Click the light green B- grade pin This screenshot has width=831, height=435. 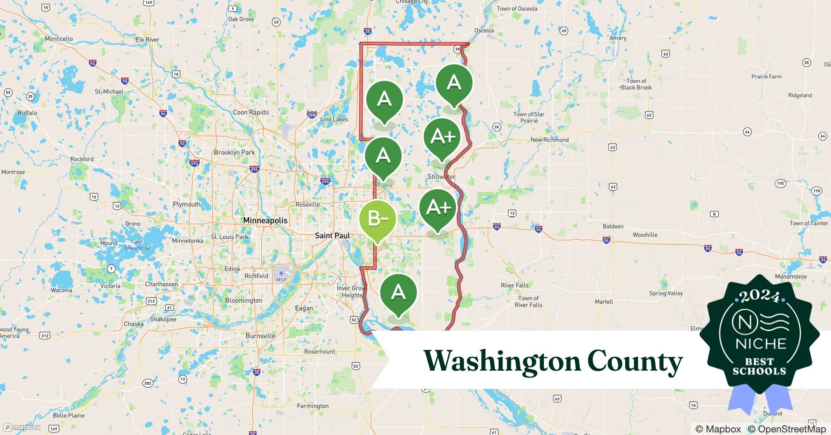(378, 219)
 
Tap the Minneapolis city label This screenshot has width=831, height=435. (265, 221)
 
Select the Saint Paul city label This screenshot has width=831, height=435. (332, 236)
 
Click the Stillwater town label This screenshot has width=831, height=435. (441, 177)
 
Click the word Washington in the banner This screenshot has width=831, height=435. (502, 361)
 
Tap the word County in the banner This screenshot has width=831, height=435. (635, 361)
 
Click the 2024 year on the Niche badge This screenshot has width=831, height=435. (760, 297)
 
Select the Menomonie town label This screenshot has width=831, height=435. (791, 277)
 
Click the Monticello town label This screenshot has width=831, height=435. (59, 39)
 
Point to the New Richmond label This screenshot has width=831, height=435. (550, 140)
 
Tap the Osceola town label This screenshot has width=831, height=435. (484, 30)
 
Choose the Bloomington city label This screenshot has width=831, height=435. (244, 301)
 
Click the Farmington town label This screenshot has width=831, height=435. (312, 406)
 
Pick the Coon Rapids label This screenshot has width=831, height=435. (251, 112)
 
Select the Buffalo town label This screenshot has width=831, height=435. (27, 113)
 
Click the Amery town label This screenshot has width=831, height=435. (618, 38)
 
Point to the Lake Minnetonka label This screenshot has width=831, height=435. (137, 244)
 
